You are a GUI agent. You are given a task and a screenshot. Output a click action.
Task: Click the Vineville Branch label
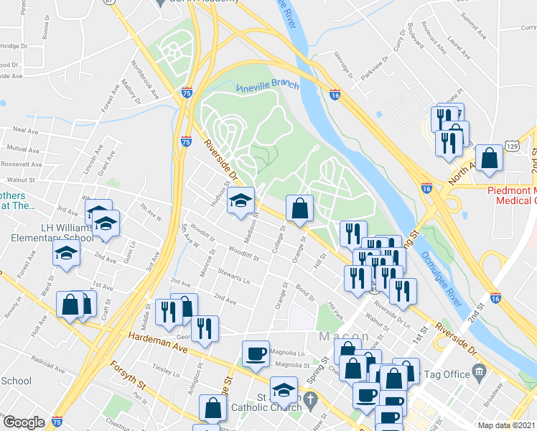(x=267, y=86)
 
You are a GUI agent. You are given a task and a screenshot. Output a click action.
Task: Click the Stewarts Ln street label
(x=234, y=277)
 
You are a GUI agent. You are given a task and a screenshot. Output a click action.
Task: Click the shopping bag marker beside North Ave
(x=489, y=159)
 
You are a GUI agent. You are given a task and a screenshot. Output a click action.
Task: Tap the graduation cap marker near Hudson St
(x=241, y=200)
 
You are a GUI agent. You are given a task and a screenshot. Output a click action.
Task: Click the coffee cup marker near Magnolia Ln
(x=256, y=353)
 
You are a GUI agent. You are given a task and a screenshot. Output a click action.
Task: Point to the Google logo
(x=24, y=422)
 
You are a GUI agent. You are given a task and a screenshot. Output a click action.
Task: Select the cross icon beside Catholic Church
(x=309, y=398)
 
